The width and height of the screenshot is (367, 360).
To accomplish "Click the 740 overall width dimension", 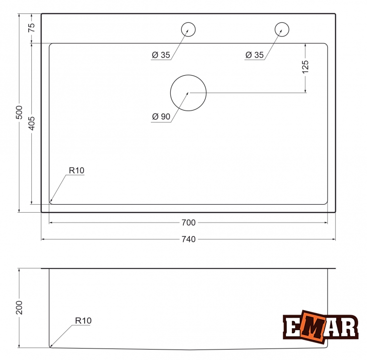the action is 188,239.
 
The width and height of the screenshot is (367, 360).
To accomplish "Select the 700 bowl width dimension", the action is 188,223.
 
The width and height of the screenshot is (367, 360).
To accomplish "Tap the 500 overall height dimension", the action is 19,113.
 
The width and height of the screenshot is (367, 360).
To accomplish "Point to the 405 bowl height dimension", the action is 31,123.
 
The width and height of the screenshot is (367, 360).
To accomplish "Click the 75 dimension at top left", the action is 31,27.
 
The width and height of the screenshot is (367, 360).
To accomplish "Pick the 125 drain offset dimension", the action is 305,67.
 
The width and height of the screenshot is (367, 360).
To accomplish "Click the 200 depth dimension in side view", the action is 19,308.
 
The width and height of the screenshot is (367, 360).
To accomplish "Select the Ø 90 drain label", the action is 161,117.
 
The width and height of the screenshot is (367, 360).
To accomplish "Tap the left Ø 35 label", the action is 161,55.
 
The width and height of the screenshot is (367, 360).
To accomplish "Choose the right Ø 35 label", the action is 254,55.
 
